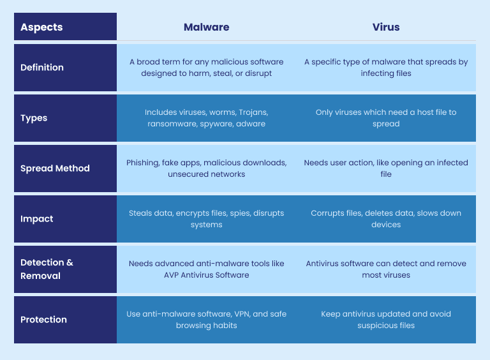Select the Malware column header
coord(206,27)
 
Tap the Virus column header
coord(386,27)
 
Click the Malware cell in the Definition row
coord(206,68)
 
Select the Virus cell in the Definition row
coord(386,68)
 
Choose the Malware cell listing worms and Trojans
coord(206,118)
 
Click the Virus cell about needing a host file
coord(386,118)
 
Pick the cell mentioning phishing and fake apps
coord(206,169)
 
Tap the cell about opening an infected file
coord(386,169)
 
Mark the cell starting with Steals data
coord(206,219)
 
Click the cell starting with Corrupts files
coord(386,219)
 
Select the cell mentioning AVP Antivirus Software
coord(206,269)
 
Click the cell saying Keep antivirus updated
coord(386,320)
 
